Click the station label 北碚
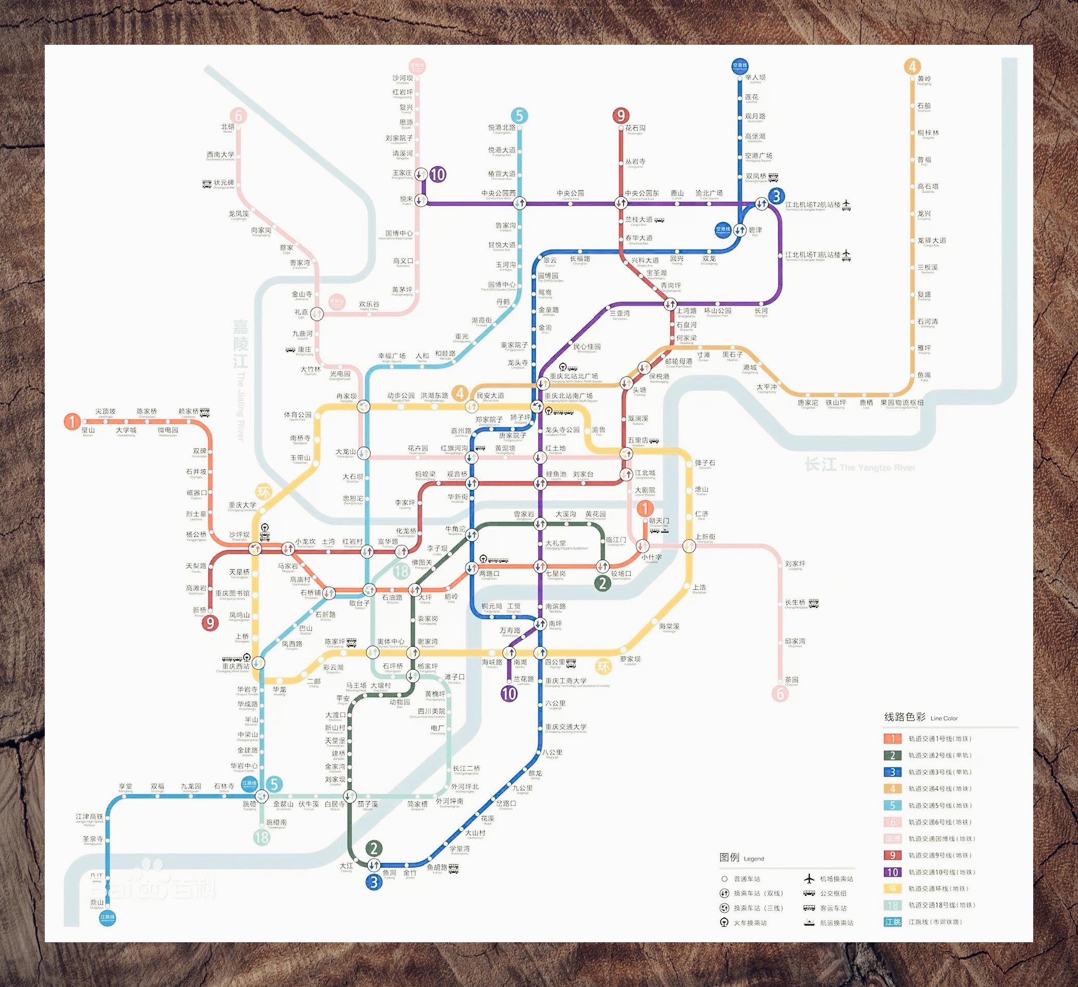pos(228,127)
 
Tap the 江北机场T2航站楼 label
pos(813,205)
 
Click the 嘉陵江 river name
pos(240,344)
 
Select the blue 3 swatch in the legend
pos(892,772)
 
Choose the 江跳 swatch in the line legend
pos(892,922)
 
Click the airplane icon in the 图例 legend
pos(809,878)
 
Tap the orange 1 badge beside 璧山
pos(72,421)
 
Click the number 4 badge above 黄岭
pos(912,66)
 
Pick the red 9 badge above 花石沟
pos(620,115)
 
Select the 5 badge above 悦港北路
pos(519,115)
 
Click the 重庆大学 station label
pos(242,505)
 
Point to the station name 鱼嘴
pos(924,376)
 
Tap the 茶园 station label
pos(791,680)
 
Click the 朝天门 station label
pos(659,520)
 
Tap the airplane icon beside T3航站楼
pos(846,255)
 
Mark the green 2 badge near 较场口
pos(603,583)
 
